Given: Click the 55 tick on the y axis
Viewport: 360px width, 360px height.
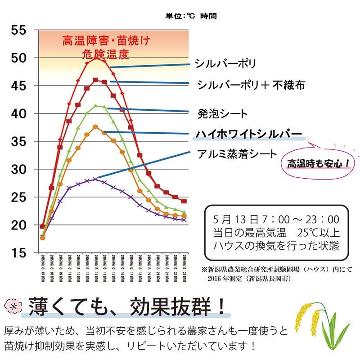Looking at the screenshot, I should tap(18, 30).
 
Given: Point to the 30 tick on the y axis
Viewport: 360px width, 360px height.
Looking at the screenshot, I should tap(18, 169).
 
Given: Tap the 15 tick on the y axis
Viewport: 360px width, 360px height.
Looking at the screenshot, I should tap(18, 253).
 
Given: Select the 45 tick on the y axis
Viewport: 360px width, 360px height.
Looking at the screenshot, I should tap(18, 86).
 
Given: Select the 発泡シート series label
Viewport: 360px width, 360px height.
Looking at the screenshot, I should tap(222, 113).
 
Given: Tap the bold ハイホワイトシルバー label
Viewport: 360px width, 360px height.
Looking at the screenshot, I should tap(248, 134).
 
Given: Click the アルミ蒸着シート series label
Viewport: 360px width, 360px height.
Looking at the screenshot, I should tap(237, 154).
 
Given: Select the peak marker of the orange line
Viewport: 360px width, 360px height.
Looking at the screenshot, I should tap(95, 127).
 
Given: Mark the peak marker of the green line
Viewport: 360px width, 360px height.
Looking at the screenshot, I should tap(95, 106).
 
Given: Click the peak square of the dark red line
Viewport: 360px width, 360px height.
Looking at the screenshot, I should tap(95, 80).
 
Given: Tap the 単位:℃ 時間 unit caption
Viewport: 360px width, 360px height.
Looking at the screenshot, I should tap(191, 16).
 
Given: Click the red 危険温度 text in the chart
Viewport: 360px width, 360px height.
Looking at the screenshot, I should tap(106, 54).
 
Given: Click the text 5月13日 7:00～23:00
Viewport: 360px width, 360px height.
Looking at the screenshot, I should tap(276, 220).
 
